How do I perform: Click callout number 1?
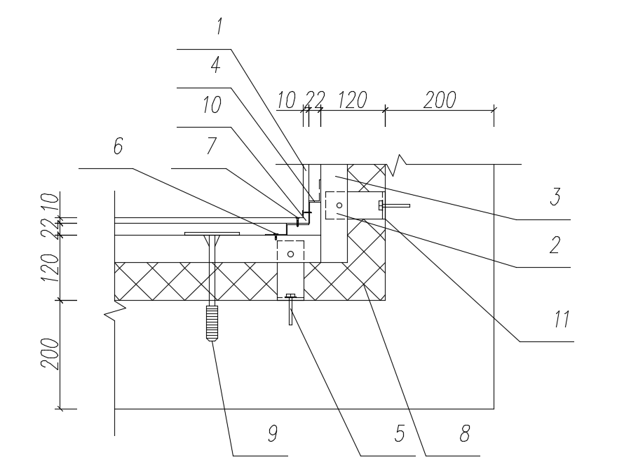[219, 26]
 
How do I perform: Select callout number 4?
[216, 64]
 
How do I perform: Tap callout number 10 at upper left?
[212, 105]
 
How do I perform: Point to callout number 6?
[118, 146]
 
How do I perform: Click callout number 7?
[212, 146]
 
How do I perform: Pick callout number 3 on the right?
[555, 197]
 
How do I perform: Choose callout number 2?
[555, 245]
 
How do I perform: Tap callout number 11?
[562, 319]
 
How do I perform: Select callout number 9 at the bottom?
[273, 433]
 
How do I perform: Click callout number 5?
[400, 433]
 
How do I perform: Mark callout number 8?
[465, 433]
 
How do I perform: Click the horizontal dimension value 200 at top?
[440, 100]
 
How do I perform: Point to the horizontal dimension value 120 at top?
[353, 100]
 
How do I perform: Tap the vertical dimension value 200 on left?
[50, 353]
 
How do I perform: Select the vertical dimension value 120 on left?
[50, 268]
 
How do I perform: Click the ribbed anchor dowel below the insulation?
[212, 323]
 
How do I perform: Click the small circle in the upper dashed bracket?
[339, 205]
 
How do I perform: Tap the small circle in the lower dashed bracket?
[290, 254]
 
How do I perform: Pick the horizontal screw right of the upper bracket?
[394, 205]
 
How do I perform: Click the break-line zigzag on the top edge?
[397, 165]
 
